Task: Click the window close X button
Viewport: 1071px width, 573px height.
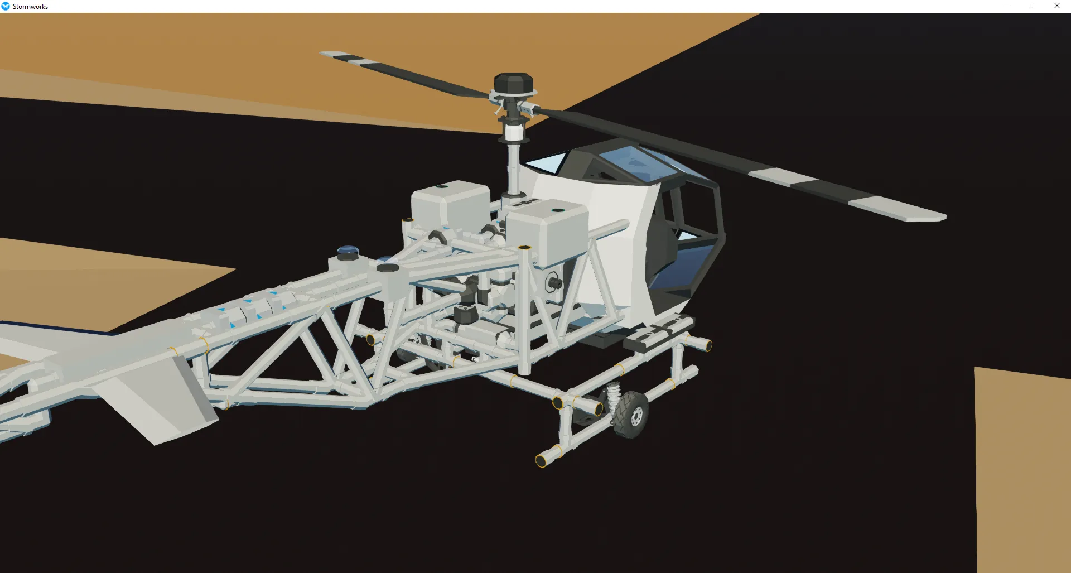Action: [x=1056, y=6]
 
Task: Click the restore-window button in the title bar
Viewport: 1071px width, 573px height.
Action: [x=1031, y=6]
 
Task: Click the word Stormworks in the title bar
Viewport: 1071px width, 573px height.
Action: [x=30, y=7]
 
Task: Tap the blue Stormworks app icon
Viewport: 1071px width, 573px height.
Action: [x=6, y=6]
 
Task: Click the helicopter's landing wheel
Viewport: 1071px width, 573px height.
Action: [x=631, y=415]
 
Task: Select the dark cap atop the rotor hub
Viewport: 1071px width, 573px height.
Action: [x=514, y=83]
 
